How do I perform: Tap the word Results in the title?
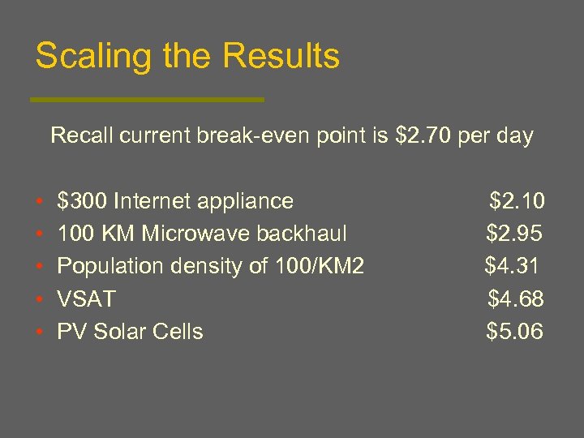pyautogui.click(x=281, y=58)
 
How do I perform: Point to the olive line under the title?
pyautogui.click(x=147, y=100)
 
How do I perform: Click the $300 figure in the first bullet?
pyautogui.click(x=82, y=200)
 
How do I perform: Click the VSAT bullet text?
pyautogui.click(x=86, y=299)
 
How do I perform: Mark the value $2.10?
pyautogui.click(x=517, y=200)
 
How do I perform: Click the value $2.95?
pyautogui.click(x=514, y=234)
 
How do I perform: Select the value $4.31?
pyautogui.click(x=512, y=266)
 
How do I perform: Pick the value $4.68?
pyautogui.click(x=516, y=299)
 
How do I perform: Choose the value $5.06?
pyautogui.click(x=515, y=332)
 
